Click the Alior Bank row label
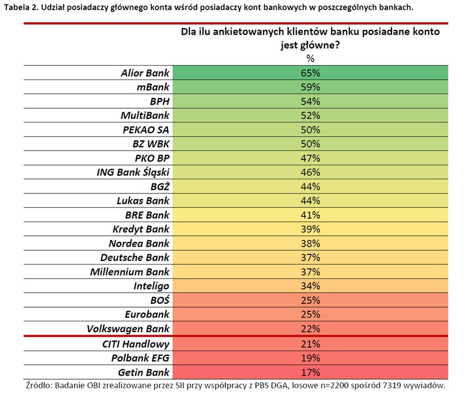tap(145, 73)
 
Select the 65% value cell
tap(310, 73)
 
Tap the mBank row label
tap(153, 87)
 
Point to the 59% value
tap(310, 87)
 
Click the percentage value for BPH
tap(310, 102)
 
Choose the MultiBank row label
tap(145, 116)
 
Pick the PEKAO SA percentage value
tap(310, 130)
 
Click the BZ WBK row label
tap(151, 144)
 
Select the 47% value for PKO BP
tap(310, 158)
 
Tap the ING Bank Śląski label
tap(133, 173)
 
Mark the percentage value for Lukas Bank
tap(310, 201)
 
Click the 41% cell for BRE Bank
tap(310, 215)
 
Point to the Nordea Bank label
tap(139, 244)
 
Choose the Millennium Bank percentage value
tap(310, 272)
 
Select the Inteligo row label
tap(151, 286)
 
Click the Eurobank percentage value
tap(310, 314)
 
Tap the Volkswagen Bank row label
tap(128, 329)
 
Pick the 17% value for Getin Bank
tap(310, 373)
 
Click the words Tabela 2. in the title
tap(21, 8)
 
